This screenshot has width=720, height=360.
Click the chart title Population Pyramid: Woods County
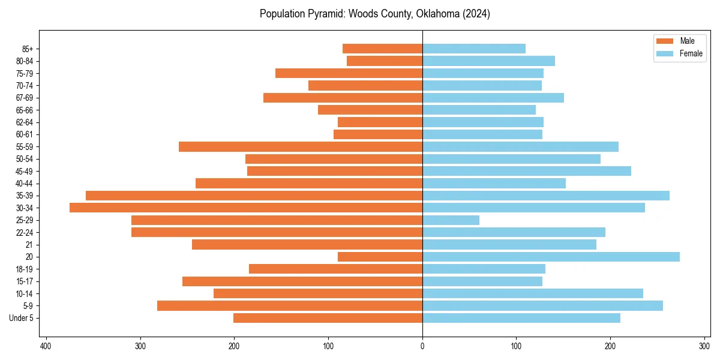pos(374,14)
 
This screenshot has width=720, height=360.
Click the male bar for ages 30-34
pos(246,208)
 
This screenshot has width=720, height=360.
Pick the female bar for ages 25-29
pos(451,220)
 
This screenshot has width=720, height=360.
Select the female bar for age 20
pos(551,257)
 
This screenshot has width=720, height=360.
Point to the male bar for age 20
pos(380,257)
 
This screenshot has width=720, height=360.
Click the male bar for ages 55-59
pos(301,146)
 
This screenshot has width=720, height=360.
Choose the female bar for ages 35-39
pos(546,196)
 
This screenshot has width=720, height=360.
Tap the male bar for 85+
pos(382,49)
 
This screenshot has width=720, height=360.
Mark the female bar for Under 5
pos(521,318)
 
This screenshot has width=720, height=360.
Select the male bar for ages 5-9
pos(290,305)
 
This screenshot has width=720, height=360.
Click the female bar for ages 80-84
pos(488,61)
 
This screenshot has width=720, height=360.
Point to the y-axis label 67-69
pos(25,98)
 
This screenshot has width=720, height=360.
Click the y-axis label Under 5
pos(21,318)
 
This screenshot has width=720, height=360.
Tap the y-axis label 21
pos(29,245)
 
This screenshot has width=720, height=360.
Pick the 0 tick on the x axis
pos(422,346)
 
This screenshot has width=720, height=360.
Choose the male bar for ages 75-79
pos(349,73)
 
